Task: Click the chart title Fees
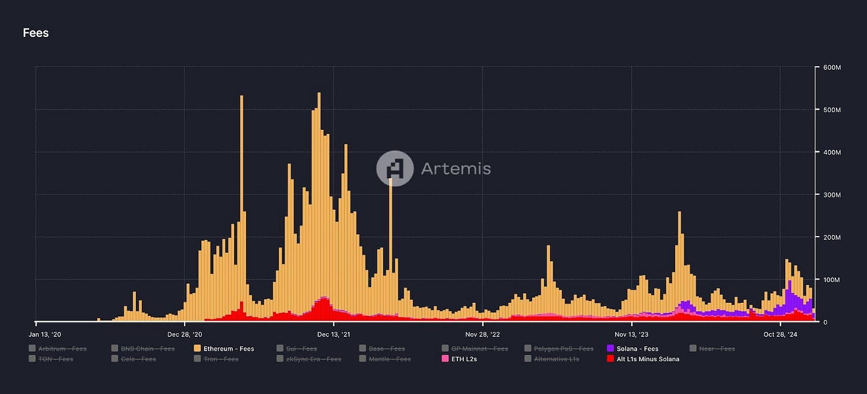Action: (x=36, y=33)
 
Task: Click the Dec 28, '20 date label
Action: (x=185, y=334)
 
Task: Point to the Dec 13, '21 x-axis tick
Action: (x=333, y=334)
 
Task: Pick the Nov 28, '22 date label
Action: (x=482, y=334)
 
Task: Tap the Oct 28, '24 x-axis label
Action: (x=779, y=334)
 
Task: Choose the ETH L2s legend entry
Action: (x=460, y=359)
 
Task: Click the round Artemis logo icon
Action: (x=395, y=168)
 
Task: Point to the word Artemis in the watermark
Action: (x=456, y=169)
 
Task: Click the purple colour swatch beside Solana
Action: (x=611, y=349)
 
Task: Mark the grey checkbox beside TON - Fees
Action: (x=32, y=359)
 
